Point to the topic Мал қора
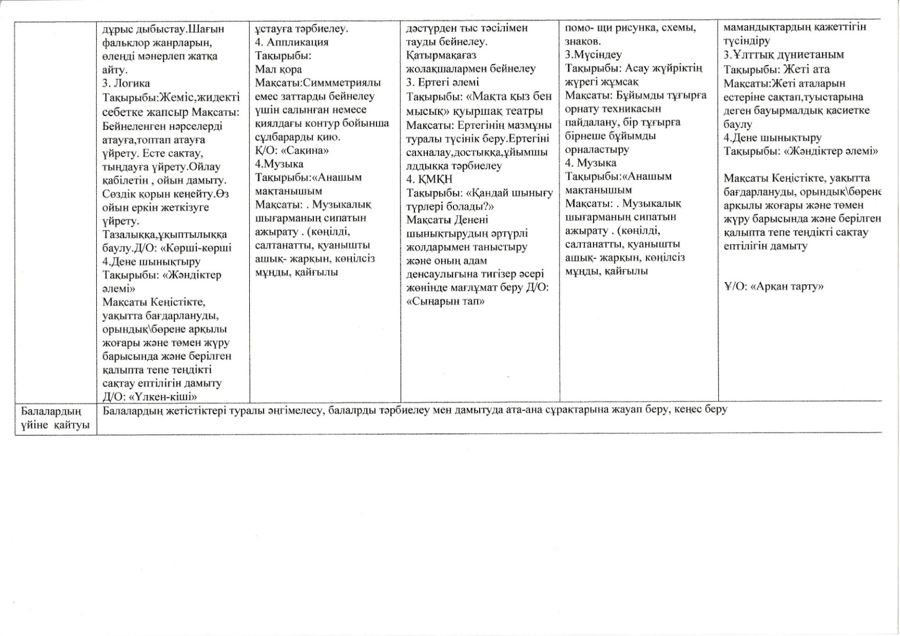click(x=278, y=69)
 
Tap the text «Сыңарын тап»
click(x=445, y=301)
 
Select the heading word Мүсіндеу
click(x=596, y=55)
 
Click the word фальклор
click(x=126, y=42)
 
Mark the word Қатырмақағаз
click(x=441, y=55)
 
